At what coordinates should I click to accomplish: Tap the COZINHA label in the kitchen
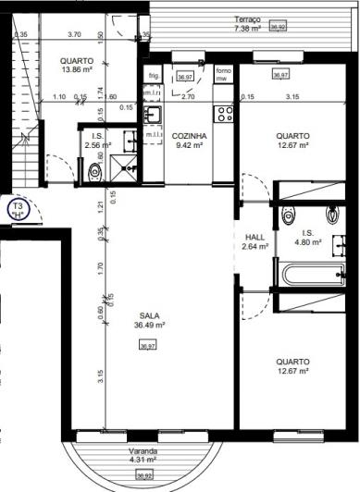189,135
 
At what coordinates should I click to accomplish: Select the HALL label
254,236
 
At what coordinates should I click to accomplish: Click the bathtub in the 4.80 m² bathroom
299,275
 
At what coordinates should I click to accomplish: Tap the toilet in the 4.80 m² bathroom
284,211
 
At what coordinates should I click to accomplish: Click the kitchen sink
154,114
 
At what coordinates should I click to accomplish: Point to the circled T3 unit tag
18,209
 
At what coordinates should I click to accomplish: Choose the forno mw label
223,75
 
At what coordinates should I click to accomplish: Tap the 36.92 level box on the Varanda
144,475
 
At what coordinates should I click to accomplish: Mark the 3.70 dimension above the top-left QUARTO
75,34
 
